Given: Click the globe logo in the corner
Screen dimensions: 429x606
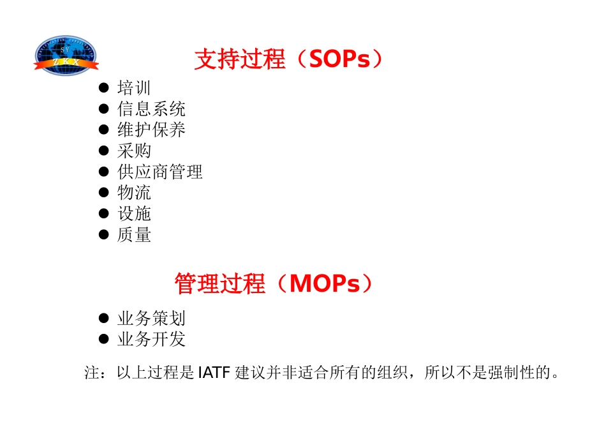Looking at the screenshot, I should (66, 56).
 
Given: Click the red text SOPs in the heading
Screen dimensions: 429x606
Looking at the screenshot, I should (339, 59).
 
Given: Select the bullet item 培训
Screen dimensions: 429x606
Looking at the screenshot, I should (134, 88).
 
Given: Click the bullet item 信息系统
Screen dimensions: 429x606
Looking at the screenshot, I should (151, 109).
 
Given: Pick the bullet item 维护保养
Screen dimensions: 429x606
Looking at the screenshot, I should (151, 130).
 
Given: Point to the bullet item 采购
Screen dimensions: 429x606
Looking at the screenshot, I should (134, 151).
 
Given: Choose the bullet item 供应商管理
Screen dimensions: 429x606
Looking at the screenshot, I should (160, 172).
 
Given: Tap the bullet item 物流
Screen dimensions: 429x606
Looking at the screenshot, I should (134, 193).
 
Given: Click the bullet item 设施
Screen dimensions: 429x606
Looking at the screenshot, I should (134, 214).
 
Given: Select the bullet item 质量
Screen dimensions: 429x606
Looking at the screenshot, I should (134, 235).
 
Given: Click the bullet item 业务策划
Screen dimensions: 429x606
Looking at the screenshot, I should (151, 318).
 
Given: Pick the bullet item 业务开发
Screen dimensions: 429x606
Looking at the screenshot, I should (151, 339).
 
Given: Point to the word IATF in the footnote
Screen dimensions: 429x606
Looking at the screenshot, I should (214, 372).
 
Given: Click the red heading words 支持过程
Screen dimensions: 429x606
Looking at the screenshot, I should (240, 59).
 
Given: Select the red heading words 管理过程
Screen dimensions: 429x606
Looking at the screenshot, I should (219, 283).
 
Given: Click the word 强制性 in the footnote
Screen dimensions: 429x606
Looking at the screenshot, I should (510, 372).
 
